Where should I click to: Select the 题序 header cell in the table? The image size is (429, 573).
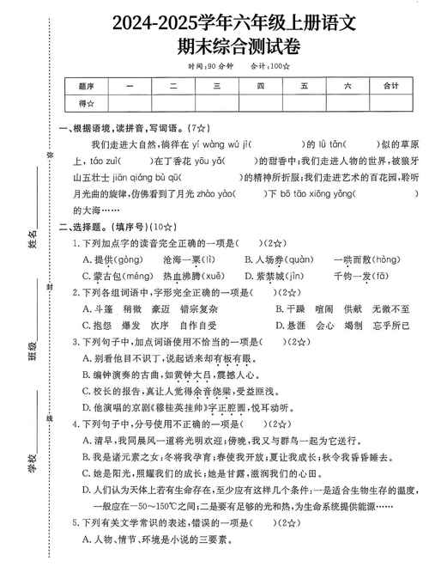point(86,85)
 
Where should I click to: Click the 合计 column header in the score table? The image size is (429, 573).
point(390,85)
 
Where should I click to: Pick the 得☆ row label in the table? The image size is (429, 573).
point(86,103)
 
